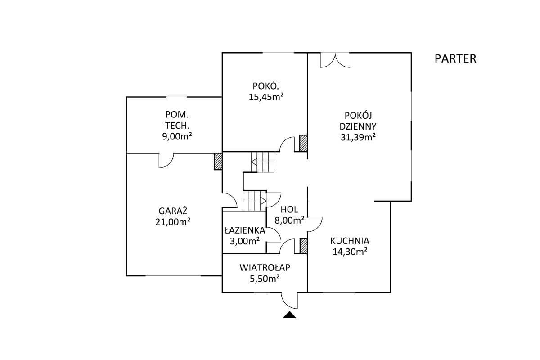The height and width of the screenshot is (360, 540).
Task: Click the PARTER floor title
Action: [455, 58]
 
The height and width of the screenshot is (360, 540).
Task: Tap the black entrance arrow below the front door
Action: [289, 315]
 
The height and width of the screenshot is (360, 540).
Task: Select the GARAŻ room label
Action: [173, 211]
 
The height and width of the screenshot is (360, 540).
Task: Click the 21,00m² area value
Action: [173, 221]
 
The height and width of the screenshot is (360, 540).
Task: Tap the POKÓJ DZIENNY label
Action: [358, 120]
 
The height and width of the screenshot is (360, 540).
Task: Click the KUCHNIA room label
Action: [350, 240]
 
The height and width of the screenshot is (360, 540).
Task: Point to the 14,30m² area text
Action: [350, 252]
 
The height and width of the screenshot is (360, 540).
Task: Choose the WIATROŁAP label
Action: [265, 268]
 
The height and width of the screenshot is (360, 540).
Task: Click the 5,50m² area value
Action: [265, 279]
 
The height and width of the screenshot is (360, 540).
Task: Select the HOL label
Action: [289, 209]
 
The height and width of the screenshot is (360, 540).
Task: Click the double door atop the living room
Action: [334, 60]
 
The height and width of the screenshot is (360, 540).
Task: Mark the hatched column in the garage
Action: [218, 161]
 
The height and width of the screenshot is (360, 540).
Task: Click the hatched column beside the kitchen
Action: [304, 246]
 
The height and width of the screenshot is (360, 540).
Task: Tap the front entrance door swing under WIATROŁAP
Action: [289, 299]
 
